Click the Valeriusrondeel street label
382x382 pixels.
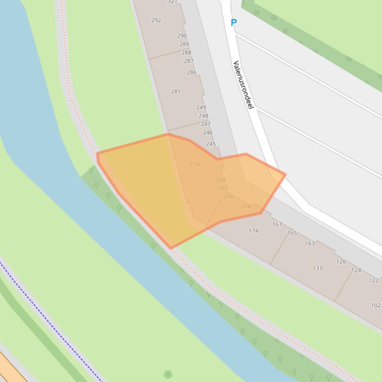[243, 85]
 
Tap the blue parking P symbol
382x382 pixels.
[233, 22]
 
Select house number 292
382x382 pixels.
[156, 20]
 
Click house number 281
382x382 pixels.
[175, 91]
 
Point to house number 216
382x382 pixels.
[194, 164]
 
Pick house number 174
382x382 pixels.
[253, 231]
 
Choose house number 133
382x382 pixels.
[317, 268]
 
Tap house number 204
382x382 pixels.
[245, 206]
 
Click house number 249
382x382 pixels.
[201, 107]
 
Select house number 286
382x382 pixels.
[191, 72]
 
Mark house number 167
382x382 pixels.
[277, 224]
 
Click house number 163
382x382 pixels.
[309, 243]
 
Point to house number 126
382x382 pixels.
[341, 261]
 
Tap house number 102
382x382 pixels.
[376, 306]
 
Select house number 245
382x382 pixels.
[211, 144]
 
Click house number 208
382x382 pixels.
[220, 180]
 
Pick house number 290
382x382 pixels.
[182, 36]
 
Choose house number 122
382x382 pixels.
[374, 280]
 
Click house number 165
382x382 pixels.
[292, 233]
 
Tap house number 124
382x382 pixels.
[356, 270]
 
